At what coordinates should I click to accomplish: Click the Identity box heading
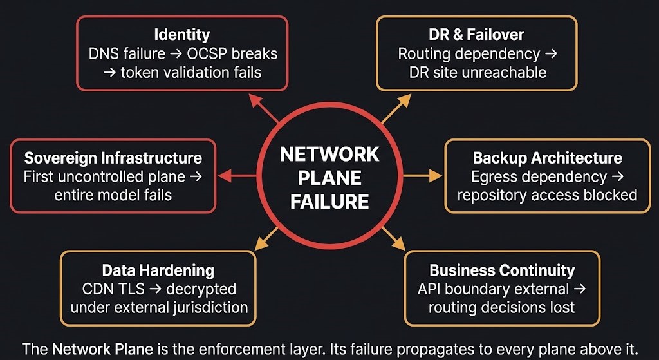pos(181,35)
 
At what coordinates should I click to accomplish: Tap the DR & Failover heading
pos(476,35)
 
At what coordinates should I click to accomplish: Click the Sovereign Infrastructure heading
pos(113,158)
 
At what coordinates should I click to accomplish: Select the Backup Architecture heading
pos(547,158)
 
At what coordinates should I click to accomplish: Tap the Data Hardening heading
pos(158,270)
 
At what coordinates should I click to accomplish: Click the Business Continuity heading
pos(502,270)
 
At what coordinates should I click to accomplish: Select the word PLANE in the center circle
pos(329,178)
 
